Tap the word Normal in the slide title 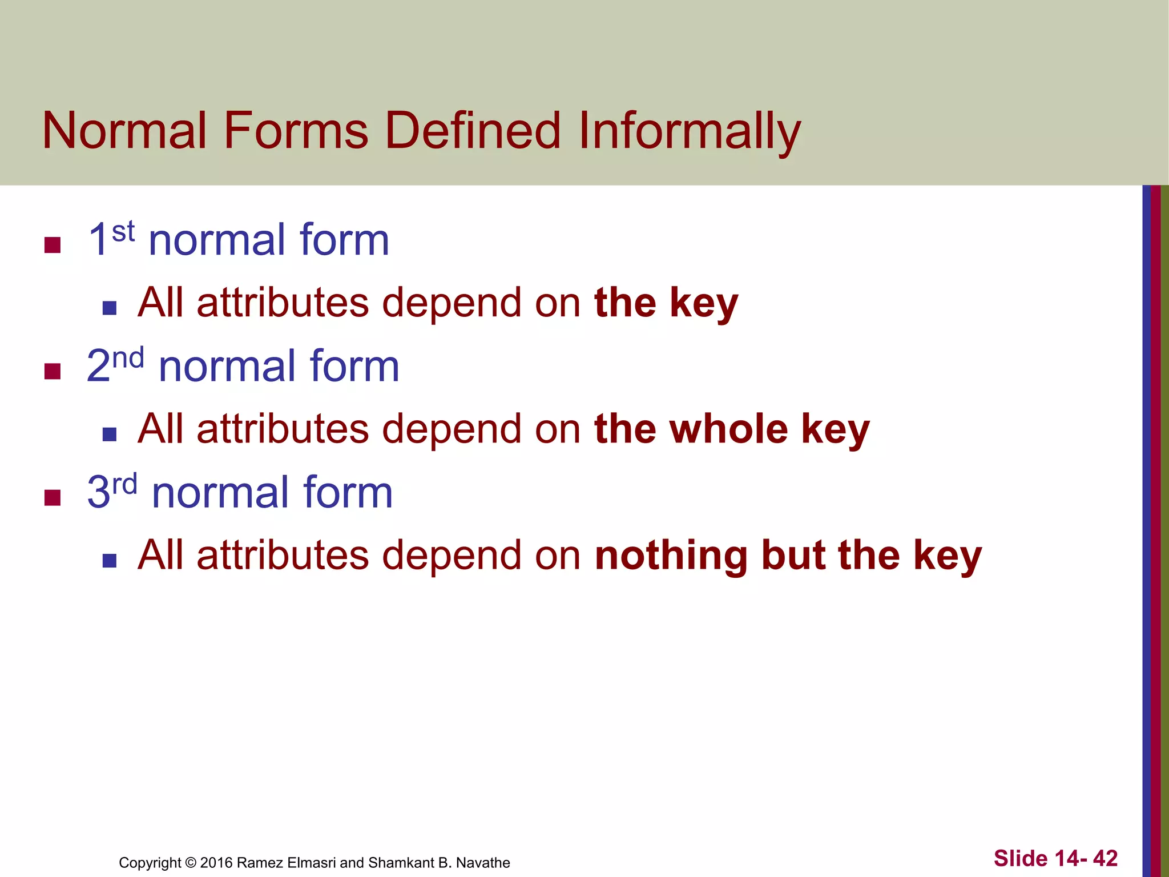124,131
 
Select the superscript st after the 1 123,232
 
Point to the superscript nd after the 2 128,358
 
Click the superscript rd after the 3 125,484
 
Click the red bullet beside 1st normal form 53,245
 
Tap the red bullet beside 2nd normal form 53,371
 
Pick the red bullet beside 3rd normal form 53,497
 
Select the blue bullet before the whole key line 110,435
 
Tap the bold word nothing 671,556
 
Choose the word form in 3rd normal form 348,492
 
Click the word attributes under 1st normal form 283,303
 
